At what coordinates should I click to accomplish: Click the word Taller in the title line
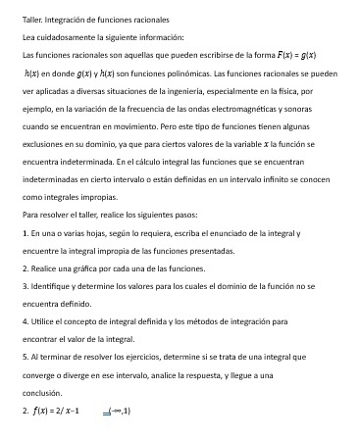pyautogui.click(x=32, y=19)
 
